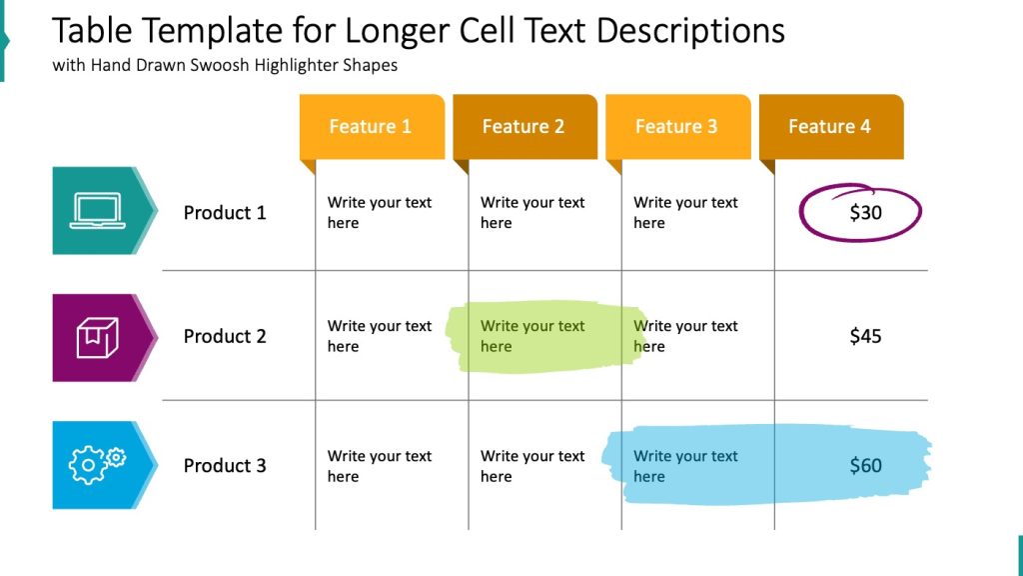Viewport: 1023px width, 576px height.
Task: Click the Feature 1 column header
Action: (371, 126)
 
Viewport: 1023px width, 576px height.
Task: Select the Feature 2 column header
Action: (523, 126)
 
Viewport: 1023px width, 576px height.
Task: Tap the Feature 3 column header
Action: (676, 126)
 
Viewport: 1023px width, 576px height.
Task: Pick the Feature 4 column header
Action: (829, 126)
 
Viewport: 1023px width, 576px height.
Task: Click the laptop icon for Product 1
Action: (97, 211)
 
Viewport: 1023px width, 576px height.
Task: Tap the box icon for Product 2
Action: (97, 338)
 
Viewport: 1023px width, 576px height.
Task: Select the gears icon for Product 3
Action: (97, 465)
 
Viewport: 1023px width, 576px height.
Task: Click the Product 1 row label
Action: (225, 213)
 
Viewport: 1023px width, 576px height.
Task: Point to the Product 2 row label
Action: (225, 337)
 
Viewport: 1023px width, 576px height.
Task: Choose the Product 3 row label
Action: (225, 466)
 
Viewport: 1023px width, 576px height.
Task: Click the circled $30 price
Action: (865, 213)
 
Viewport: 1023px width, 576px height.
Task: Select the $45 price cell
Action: (865, 337)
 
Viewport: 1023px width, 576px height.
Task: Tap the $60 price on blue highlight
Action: (865, 466)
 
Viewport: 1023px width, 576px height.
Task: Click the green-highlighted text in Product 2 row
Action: (531, 336)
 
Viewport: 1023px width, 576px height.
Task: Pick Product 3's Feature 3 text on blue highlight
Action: (685, 466)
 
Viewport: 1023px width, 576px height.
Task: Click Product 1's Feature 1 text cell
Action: (379, 212)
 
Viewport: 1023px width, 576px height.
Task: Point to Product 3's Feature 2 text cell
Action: (531, 466)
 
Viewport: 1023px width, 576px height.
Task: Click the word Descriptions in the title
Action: (690, 31)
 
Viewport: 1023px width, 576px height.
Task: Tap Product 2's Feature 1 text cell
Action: (379, 336)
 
